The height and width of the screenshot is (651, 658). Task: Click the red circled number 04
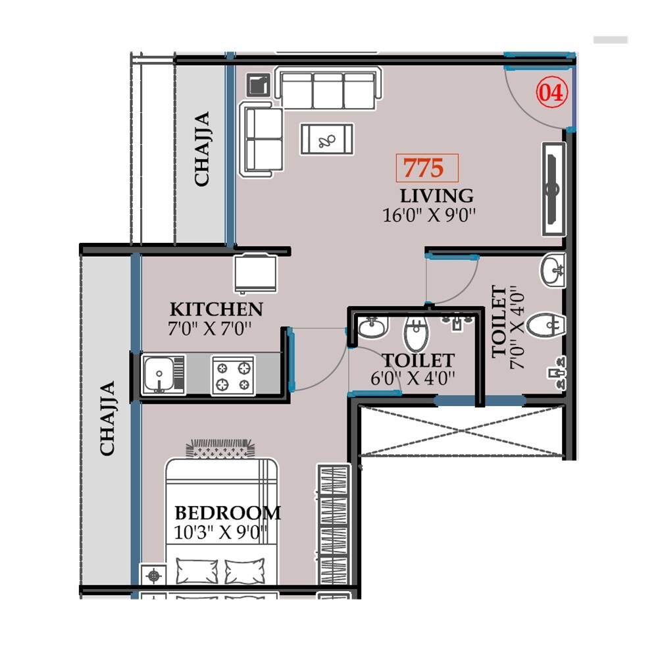551,93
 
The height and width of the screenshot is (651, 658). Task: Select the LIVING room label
436,195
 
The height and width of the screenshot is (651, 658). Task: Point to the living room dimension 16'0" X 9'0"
429,215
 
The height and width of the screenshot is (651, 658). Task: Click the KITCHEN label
216,309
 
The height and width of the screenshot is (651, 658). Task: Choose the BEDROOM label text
227,513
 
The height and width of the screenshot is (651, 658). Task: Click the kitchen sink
163,375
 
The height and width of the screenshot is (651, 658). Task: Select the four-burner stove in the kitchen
233,375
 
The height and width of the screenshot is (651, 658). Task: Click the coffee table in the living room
326,140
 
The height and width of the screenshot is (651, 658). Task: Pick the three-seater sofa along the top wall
328,90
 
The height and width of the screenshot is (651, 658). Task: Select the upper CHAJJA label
202,149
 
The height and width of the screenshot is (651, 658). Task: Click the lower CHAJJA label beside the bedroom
108,418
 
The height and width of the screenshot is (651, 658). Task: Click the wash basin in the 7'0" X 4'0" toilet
552,271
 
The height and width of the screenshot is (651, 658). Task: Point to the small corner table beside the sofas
257,84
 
